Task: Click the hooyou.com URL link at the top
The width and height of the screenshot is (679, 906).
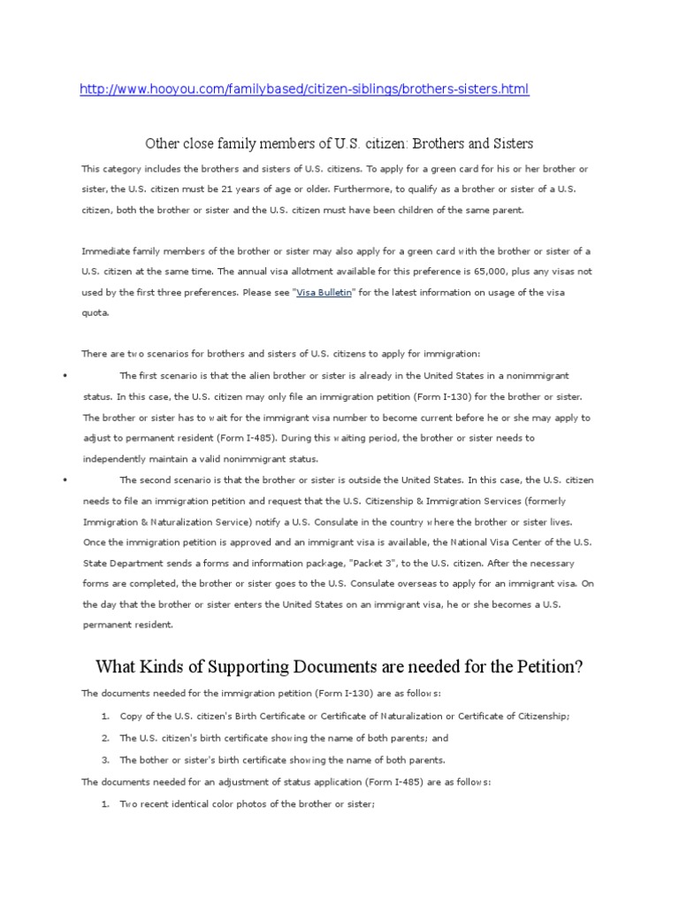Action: (x=304, y=90)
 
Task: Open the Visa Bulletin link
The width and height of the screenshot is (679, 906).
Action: (x=324, y=292)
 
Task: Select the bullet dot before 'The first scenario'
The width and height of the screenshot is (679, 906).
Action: (x=65, y=376)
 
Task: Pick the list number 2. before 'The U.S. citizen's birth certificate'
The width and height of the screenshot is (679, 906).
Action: (x=104, y=738)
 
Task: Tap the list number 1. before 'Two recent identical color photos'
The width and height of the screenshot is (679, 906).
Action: (x=104, y=804)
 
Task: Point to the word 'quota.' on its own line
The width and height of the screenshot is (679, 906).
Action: (x=95, y=313)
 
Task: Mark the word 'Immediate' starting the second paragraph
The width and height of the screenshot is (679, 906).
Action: (x=103, y=250)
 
